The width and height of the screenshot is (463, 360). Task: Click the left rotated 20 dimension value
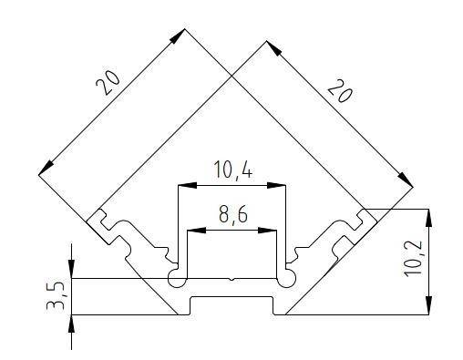tap(108, 84)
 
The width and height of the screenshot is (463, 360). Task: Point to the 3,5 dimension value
tap(57, 296)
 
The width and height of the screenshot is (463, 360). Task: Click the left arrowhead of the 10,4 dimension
tap(182, 185)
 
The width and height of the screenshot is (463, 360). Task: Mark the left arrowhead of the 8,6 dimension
tap(192, 230)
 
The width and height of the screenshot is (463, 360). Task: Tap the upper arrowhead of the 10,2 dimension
tap(427, 215)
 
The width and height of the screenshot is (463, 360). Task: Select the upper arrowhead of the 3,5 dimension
tap(72, 271)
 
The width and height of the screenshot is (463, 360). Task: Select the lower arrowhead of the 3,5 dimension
tap(72, 321)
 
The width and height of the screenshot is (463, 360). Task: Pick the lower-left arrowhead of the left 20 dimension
tap(44, 169)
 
